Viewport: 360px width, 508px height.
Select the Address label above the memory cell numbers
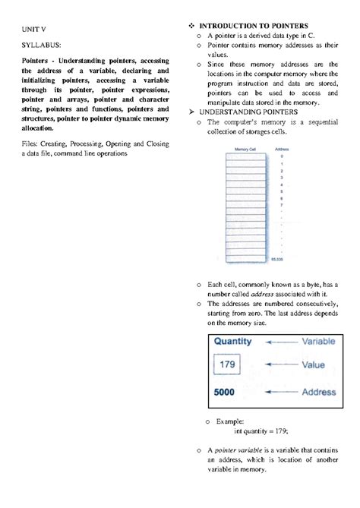coord(281,150)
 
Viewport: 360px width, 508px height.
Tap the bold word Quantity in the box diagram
coord(232,342)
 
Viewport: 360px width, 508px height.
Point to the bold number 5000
coord(224,393)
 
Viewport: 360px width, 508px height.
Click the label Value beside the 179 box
coord(313,365)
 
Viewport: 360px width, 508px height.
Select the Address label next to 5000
coord(318,393)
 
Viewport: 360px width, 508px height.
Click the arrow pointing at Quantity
coord(280,342)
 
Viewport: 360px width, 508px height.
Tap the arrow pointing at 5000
coord(280,393)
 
